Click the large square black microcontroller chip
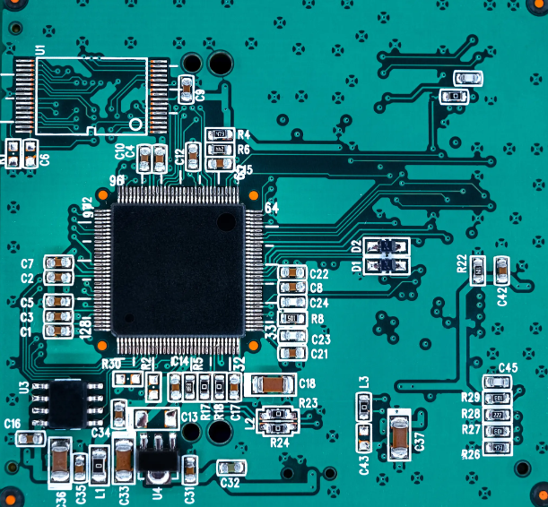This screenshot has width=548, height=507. coord(177,270)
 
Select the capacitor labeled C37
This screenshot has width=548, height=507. coord(399,439)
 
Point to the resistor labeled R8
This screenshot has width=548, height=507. coord(291,318)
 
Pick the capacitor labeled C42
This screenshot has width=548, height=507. coord(501,267)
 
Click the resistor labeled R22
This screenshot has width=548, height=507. coord(479,267)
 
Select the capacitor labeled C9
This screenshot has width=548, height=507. coord(187,88)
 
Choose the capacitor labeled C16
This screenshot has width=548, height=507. coord(30,438)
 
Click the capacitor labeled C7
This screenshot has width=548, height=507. coord(58,262)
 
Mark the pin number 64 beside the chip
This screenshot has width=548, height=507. coord(271,208)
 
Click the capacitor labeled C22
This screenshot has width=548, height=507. coord(291,272)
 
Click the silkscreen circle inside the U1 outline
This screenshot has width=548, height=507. coord(135,123)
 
